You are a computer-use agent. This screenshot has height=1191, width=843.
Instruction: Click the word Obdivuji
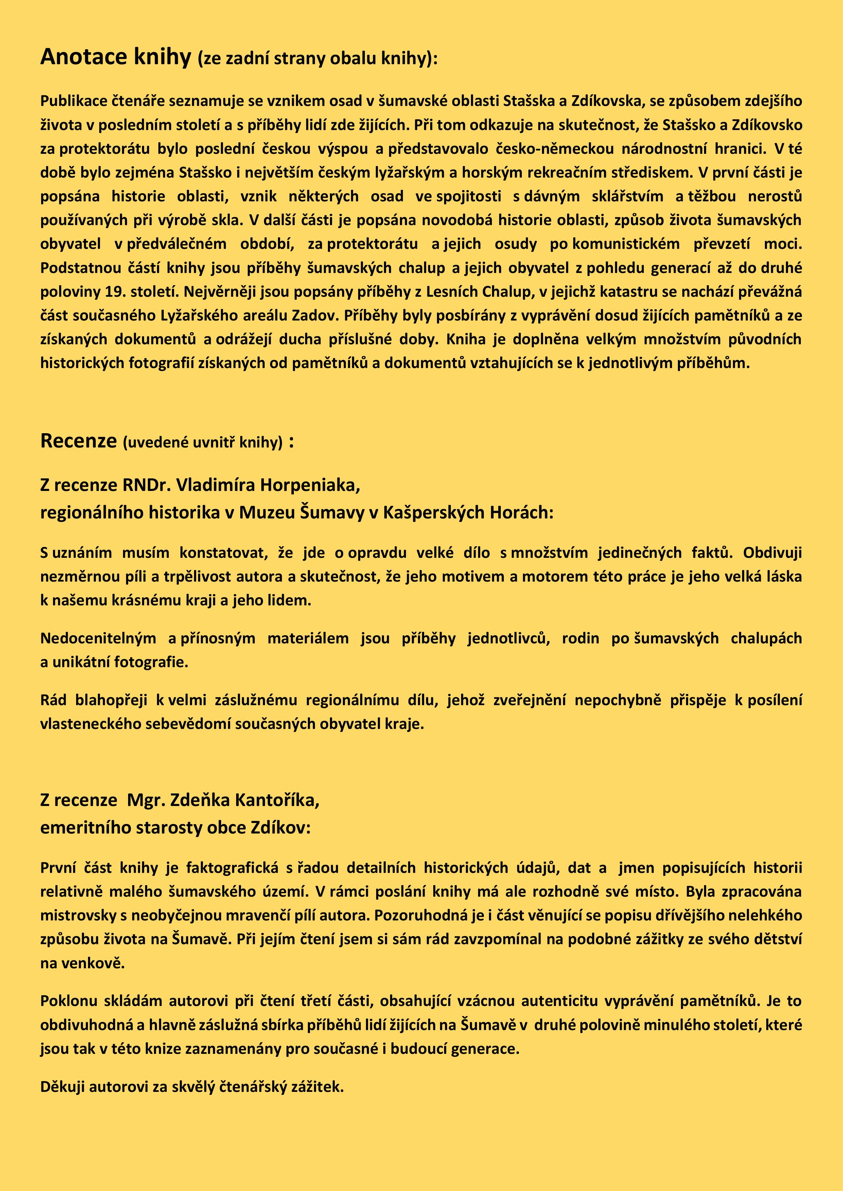click(772, 553)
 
